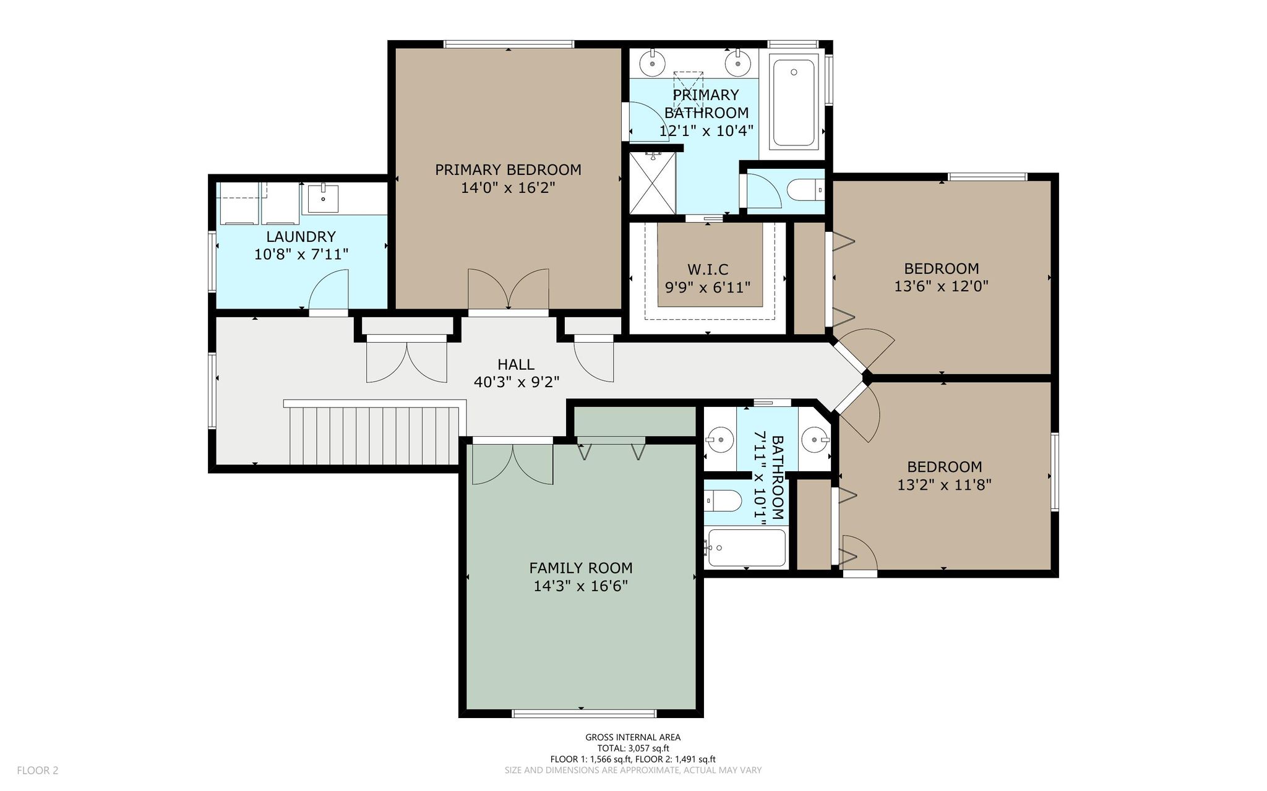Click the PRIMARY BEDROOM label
pos(508,169)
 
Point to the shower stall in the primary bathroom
pos(653,183)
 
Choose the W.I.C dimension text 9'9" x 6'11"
pos(708,288)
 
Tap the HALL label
pos(516,364)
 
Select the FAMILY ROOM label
pos(581,568)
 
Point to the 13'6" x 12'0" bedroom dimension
pos(942,286)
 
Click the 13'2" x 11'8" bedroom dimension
pos(945,484)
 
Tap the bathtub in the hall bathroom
pos(747,547)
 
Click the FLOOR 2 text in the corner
pos(38,771)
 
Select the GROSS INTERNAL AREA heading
pos(633,737)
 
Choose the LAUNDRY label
pos(301,236)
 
